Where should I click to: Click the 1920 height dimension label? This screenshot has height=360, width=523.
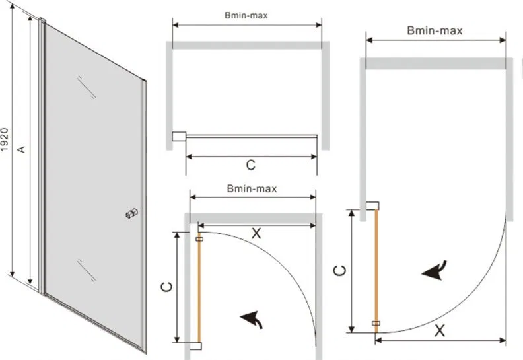click(5, 139)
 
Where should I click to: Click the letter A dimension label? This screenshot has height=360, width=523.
click(21, 149)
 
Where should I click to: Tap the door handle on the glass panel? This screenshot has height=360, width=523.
click(132, 213)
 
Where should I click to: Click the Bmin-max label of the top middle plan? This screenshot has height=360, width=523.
click(246, 15)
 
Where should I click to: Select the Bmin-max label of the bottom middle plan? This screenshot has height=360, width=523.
click(252, 188)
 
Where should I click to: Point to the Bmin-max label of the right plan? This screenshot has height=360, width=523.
click(435, 30)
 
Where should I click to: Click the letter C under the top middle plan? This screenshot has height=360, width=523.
click(251, 165)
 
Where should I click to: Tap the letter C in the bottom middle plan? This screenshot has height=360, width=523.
click(166, 287)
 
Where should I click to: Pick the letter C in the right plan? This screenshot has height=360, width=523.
click(339, 270)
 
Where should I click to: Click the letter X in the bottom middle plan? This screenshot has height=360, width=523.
click(256, 233)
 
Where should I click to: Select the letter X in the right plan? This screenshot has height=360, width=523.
click(440, 331)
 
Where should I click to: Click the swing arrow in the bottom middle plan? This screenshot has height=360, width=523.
click(252, 320)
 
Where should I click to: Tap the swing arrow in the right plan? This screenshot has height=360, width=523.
click(435, 270)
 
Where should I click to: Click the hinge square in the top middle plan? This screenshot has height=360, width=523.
click(179, 137)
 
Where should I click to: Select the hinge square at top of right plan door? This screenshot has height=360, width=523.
click(372, 205)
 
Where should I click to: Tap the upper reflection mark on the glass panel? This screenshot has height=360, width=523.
click(87, 87)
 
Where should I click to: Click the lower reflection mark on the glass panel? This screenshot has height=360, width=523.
click(86, 270)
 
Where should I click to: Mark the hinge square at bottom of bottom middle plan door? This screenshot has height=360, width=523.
click(195, 346)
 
